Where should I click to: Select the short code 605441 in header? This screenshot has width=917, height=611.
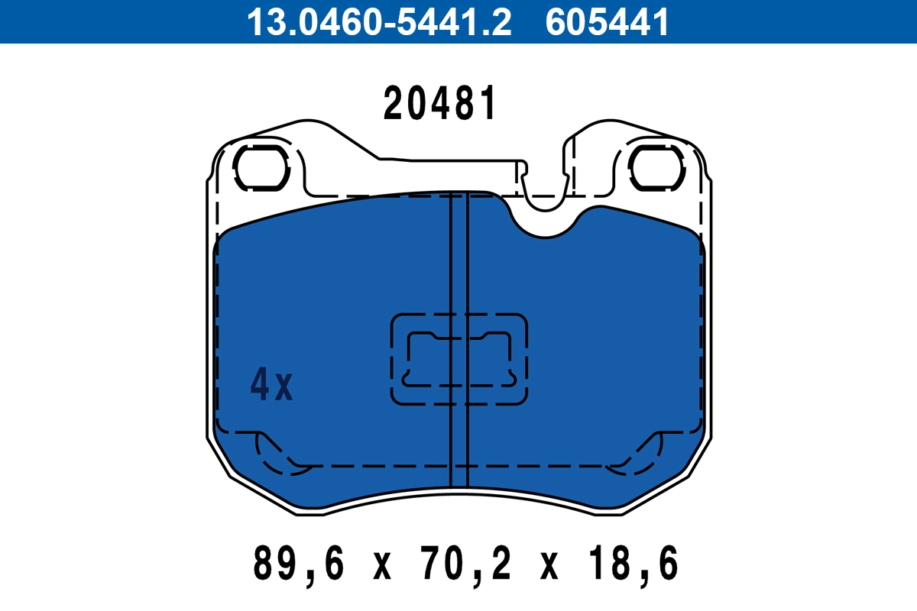[x=608, y=21]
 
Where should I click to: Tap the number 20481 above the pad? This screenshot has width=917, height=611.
[x=440, y=105]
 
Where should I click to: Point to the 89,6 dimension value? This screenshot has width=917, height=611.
[x=299, y=565]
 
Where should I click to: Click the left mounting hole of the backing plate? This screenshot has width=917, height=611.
[x=261, y=166]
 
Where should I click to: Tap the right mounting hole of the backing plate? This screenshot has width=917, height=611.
[x=656, y=166]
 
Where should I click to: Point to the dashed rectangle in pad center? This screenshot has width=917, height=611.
[x=459, y=358]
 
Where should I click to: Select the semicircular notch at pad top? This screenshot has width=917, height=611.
[x=545, y=218]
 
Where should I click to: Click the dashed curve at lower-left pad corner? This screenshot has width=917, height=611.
[x=279, y=454]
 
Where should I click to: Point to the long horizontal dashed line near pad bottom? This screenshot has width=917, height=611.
[x=458, y=464]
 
